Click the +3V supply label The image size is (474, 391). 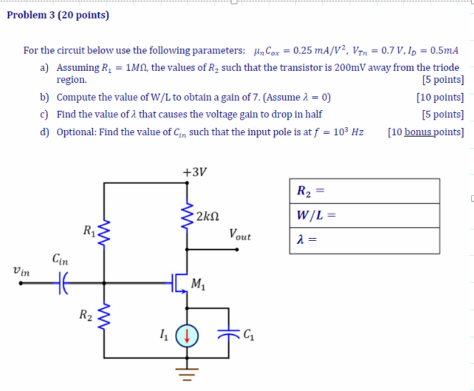click(x=194, y=172)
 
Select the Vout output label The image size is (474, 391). click(x=240, y=234)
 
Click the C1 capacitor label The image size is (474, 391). click(x=249, y=333)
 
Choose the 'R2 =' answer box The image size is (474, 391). click(x=364, y=191)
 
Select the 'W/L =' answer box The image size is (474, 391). click(x=364, y=215)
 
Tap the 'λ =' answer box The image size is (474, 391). click(x=364, y=239)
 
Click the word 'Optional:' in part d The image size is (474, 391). click(x=76, y=132)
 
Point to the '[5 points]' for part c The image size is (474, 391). click(x=443, y=114)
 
